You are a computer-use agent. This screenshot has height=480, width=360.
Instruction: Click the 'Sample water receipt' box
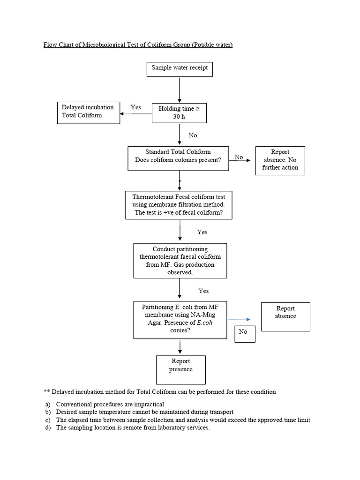(x=180, y=68)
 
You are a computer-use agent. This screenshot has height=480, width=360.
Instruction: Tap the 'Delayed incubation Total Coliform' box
(x=88, y=112)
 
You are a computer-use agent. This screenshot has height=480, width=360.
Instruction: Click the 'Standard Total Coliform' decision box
(x=178, y=156)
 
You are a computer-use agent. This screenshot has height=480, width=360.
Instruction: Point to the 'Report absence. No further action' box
(x=280, y=160)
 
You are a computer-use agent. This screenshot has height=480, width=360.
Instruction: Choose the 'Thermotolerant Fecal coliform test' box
(x=179, y=205)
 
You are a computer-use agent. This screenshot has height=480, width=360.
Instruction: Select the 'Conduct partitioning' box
(x=180, y=261)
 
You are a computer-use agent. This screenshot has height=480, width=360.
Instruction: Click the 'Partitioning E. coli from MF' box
(x=180, y=320)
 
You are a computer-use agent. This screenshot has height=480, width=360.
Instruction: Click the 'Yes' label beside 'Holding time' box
(x=135, y=107)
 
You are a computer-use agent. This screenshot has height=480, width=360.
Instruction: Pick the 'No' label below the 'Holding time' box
(x=193, y=135)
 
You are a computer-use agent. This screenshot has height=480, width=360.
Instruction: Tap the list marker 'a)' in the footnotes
(x=47, y=404)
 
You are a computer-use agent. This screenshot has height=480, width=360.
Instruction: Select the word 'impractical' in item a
(x=148, y=404)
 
